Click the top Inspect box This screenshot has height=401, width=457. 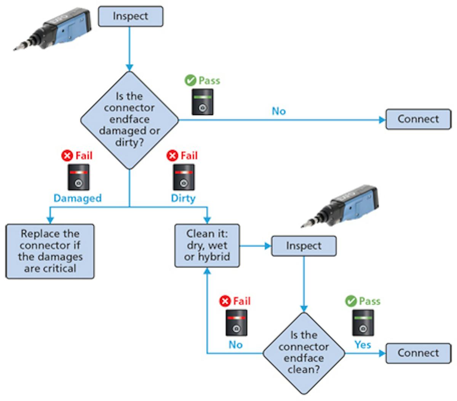point(130,16)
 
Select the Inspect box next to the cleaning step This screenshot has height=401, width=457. point(304,246)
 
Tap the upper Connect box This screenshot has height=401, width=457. point(418,119)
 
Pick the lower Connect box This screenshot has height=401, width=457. point(418,353)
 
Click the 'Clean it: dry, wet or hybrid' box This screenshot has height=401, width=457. point(207,246)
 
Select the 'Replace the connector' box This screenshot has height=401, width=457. point(50,251)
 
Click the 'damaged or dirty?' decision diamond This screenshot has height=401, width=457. point(129,120)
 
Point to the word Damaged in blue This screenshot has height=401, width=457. point(77,198)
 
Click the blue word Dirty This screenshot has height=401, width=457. point(183,198)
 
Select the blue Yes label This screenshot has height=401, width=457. point(363,345)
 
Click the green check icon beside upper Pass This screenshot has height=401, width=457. point(190,80)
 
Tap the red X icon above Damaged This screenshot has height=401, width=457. point(67,155)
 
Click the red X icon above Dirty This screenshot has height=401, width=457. point(173,155)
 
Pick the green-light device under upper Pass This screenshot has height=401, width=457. point(202,102)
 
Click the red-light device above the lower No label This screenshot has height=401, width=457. point(236,323)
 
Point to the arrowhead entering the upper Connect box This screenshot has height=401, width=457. point(382,120)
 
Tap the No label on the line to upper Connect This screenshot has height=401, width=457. point(278,111)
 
